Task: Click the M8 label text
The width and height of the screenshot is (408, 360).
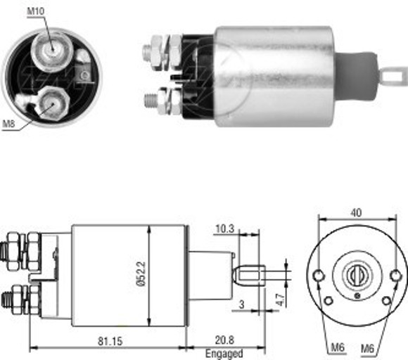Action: tap(8, 124)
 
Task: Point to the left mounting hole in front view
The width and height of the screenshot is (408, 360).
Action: tap(321, 275)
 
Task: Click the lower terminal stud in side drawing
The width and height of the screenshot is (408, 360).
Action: tap(14, 300)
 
